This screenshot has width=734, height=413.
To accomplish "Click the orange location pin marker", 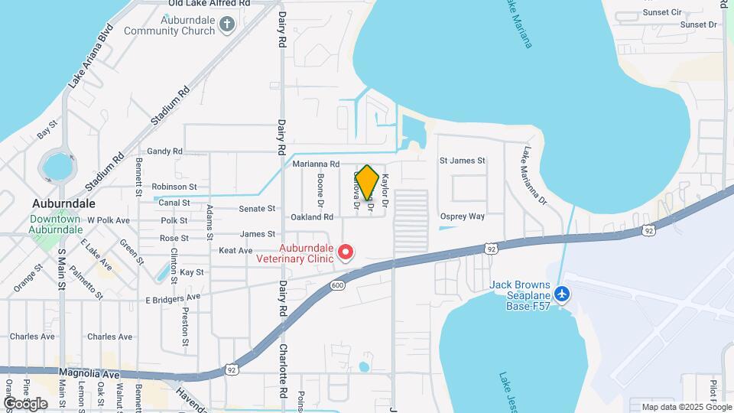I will click(367, 183).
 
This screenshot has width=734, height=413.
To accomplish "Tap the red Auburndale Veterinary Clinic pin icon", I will click(346, 252).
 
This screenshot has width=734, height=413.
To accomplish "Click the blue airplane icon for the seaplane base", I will click(563, 293).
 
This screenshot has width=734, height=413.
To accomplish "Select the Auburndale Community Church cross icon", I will click(226, 24).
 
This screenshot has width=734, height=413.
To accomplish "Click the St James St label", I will click(462, 161).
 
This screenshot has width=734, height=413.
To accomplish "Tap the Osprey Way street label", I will click(466, 216).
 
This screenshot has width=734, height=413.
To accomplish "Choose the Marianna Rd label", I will click(315, 164).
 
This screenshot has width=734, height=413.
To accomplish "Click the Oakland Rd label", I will click(312, 217).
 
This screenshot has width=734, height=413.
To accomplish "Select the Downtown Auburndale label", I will click(55, 224).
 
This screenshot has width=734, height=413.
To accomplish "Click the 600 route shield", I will click(338, 285).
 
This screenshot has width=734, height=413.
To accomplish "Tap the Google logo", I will click(25, 403).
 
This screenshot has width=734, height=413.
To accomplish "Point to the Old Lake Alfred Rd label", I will click(209, 4).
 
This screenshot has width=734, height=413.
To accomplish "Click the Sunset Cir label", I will click(662, 12).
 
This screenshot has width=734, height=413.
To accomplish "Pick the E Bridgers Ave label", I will click(173, 297).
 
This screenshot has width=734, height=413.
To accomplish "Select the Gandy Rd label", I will click(164, 151).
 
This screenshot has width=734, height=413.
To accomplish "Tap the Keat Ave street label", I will click(235, 250).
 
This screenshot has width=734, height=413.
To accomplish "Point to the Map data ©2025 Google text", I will click(685, 407).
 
